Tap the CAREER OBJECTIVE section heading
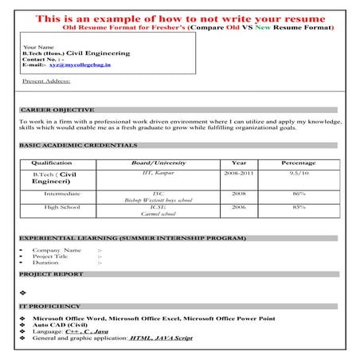[57, 109]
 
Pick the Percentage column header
[299, 162]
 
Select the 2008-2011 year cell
[238, 173]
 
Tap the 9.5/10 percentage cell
[299, 173]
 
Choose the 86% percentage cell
[299, 194]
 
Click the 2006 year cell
[238, 208]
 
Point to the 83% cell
[299, 208]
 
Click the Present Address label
[46, 80]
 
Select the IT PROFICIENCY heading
[49, 306]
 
